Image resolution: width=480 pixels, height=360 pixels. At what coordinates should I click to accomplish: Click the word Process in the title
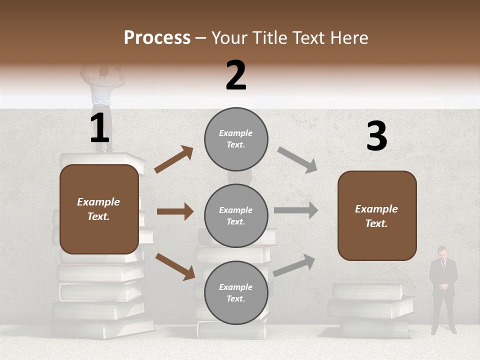tap(157, 37)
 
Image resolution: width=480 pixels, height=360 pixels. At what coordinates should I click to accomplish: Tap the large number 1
tap(99, 129)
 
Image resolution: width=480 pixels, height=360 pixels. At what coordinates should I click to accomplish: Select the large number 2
tap(236, 75)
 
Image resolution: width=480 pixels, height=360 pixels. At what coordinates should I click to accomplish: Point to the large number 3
tap(376, 136)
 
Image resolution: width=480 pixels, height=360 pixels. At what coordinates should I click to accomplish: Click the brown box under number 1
tap(99, 209)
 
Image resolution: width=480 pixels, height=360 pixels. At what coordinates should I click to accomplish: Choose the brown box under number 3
tap(377, 216)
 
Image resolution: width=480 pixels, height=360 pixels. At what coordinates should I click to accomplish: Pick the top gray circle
tap(236, 139)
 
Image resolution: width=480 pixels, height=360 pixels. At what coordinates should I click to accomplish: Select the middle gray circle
tap(236, 215)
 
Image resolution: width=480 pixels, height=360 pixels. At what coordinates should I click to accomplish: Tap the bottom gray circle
tap(236, 292)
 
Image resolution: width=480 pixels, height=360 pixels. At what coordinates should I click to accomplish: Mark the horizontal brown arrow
tap(175, 211)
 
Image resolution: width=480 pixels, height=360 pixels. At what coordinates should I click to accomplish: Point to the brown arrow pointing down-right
tap(175, 266)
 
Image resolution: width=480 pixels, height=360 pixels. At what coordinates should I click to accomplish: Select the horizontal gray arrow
tap(295, 210)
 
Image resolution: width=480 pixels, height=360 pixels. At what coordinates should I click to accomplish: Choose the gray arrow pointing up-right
tap(294, 265)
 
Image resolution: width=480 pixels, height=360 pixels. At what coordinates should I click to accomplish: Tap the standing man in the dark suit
tap(443, 289)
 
